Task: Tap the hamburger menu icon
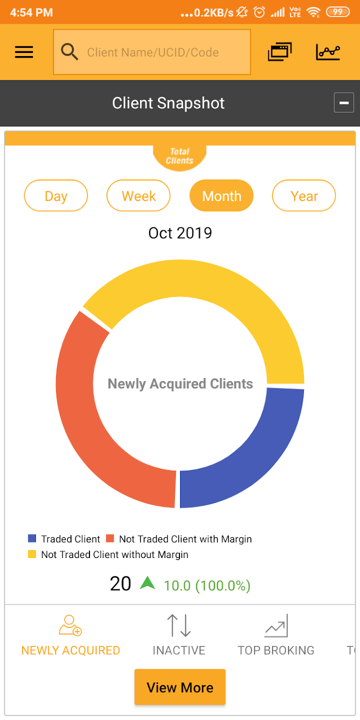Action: tap(24, 52)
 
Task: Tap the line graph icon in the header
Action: tap(328, 52)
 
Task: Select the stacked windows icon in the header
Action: tap(280, 52)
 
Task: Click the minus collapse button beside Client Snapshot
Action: tap(344, 102)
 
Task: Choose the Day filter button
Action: tap(56, 196)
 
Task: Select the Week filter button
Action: tap(138, 196)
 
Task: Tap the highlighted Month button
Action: tap(222, 196)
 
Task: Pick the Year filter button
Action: tap(304, 196)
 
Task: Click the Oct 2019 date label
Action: tap(180, 233)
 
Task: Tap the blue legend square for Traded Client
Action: tap(32, 538)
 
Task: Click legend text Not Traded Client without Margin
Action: tap(115, 555)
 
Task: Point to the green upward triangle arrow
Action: tap(148, 583)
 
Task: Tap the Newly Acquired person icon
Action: tap(70, 625)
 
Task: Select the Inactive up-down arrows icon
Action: tap(179, 625)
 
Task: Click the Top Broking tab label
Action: tap(276, 650)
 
